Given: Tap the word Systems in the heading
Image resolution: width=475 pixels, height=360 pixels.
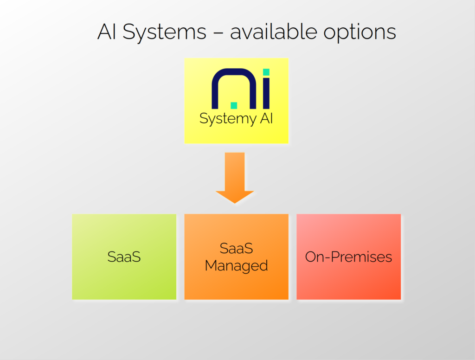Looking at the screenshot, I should click(165, 32).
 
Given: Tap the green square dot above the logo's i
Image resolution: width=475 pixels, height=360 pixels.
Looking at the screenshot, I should click(266, 72).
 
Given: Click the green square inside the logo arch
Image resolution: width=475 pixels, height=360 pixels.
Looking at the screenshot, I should click(233, 105).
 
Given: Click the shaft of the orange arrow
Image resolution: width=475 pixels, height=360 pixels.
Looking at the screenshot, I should click(235, 172).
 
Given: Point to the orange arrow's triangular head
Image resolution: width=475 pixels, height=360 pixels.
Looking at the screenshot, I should click(235, 196).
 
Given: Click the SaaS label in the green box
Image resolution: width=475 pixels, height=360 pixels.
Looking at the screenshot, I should click(124, 257).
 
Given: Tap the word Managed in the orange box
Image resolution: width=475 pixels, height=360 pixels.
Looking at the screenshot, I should click(236, 266).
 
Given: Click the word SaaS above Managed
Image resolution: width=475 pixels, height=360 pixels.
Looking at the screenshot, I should click(236, 248).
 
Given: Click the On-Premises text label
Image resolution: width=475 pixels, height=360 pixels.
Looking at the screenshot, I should click(348, 257).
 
